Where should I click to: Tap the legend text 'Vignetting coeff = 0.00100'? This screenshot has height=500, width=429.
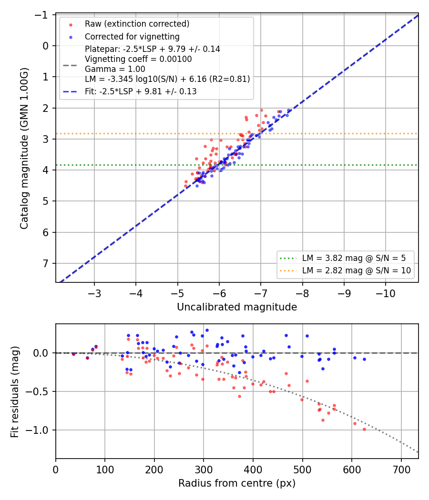(138, 59)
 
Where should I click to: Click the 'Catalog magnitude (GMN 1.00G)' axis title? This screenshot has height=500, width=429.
(24, 148)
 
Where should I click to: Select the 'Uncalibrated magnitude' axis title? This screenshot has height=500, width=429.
(237, 307)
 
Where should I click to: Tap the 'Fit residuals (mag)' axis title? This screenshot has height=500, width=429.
(15, 391)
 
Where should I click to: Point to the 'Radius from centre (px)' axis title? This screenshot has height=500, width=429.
(237, 483)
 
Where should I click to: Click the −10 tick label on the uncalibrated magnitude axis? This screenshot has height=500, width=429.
(385, 293)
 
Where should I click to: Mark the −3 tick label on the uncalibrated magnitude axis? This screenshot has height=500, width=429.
(94, 293)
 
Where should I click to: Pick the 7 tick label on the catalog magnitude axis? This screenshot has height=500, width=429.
(46, 263)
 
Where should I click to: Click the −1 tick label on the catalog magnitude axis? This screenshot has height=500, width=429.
(42, 15)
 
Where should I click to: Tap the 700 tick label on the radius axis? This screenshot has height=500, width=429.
(401, 470)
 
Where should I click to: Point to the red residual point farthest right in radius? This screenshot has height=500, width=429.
(364, 429)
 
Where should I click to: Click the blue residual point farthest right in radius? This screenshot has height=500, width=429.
(364, 360)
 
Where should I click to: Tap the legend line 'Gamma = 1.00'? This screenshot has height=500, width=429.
(115, 69)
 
